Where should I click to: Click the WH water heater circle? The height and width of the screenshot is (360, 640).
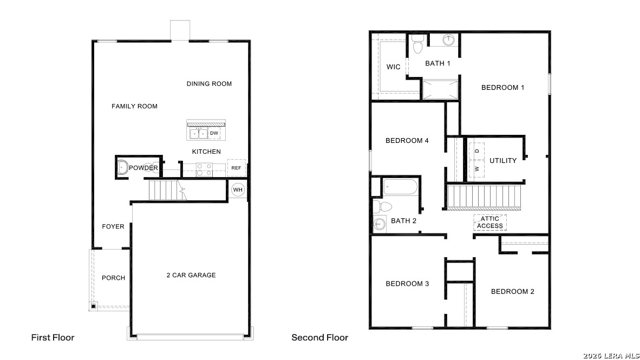238,190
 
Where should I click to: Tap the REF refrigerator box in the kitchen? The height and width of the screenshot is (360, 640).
236,168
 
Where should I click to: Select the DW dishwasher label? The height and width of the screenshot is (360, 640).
214,133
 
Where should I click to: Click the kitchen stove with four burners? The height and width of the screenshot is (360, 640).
204,170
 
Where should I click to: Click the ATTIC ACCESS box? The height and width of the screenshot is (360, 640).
490,222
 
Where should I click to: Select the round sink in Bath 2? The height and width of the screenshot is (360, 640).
378,224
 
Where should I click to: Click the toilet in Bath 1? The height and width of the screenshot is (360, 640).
417,45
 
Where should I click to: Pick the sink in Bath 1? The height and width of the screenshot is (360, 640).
448,40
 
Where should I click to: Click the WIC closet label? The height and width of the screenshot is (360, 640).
394,67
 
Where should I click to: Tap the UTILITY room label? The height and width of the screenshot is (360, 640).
503,161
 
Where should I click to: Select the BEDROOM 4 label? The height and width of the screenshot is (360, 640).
407,141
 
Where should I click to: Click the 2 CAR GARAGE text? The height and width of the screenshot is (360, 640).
191,275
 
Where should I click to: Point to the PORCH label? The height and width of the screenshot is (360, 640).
113,278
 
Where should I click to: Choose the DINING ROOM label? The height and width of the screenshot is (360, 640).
209,84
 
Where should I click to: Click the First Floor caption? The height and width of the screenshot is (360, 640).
53,337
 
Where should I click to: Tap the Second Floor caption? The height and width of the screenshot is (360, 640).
319,337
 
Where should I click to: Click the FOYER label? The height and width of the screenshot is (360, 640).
113,227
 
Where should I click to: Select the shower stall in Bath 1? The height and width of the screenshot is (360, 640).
440,89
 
